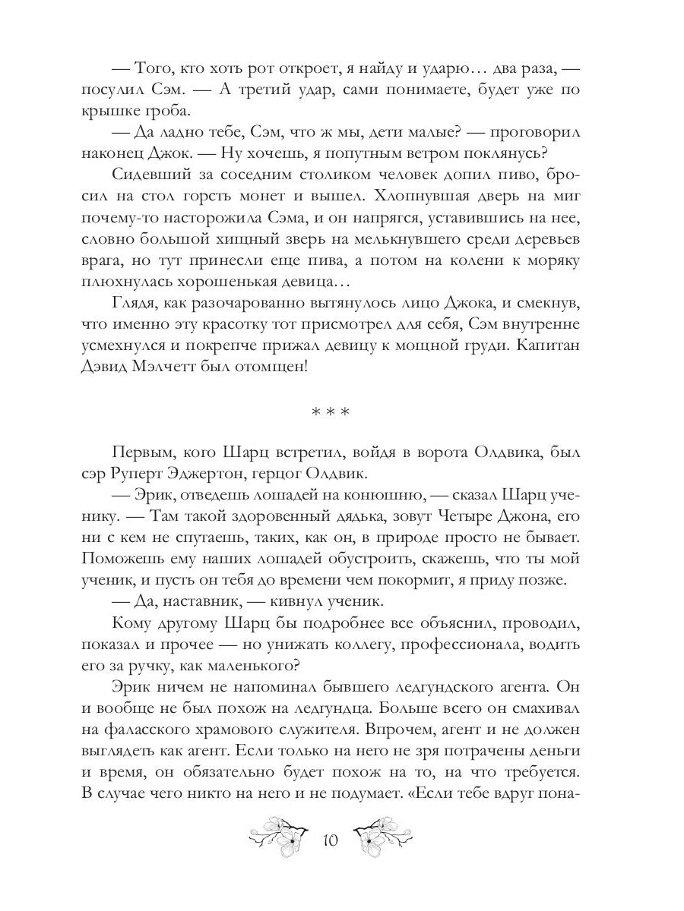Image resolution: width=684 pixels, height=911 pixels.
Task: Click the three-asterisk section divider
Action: pyautogui.click(x=331, y=414)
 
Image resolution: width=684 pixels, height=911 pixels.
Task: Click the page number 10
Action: pyautogui.click(x=331, y=840)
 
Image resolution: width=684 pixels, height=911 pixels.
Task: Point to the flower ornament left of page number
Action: pyautogui.click(x=279, y=837)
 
